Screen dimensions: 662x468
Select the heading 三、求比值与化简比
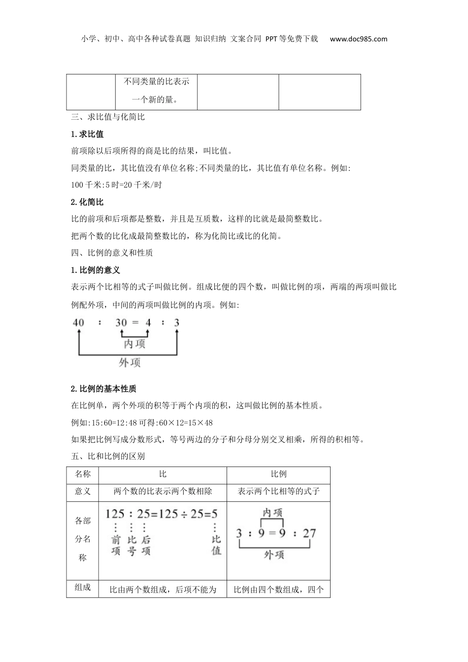pyautogui.click(x=108, y=117)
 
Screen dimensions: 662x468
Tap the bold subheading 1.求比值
pyautogui.click(x=87, y=134)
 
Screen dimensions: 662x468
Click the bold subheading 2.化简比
pyautogui.click(x=87, y=202)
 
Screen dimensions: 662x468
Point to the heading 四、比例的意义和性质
pyautogui.click(x=112, y=253)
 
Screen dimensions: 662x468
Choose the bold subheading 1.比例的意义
pyautogui.click(x=96, y=270)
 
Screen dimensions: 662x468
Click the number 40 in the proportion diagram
pyautogui.click(x=78, y=323)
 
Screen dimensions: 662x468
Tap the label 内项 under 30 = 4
pyautogui.click(x=134, y=343)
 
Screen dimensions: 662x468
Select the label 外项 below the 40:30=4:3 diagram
pyautogui.click(x=130, y=363)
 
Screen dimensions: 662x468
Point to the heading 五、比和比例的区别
pyautogui.click(x=108, y=457)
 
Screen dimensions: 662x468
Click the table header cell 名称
pyautogui.click(x=83, y=474)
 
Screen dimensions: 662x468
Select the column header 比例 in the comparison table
pyautogui.click(x=278, y=474)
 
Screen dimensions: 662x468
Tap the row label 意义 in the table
pyautogui.click(x=83, y=492)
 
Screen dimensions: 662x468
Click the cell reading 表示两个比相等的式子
pyautogui.click(x=278, y=492)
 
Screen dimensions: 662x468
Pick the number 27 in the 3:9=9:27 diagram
pyautogui.click(x=309, y=533)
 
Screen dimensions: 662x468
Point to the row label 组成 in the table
pyautogui.click(x=83, y=588)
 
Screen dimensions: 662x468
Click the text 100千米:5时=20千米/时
pyautogui.click(x=117, y=185)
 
